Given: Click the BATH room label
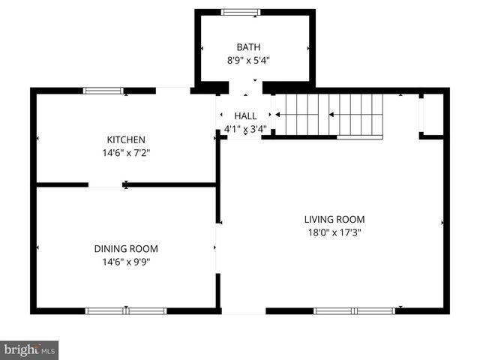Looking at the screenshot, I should tap(254, 46).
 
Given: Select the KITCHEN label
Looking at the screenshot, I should tap(125, 139).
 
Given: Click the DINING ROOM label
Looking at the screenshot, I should tap(125, 249).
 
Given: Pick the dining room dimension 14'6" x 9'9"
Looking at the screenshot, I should tap(125, 262).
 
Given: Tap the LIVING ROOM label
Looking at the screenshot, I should tap(334, 220).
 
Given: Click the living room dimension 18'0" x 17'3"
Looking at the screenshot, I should tap(334, 232).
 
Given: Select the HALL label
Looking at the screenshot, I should tap(245, 116).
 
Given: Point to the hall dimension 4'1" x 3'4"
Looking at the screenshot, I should tap(245, 129).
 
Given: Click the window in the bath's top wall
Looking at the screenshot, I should tap(241, 12).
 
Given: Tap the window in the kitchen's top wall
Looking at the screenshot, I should tap(103, 91).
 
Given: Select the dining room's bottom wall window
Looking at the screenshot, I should tap(126, 310).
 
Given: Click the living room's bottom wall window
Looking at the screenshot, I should tap(354, 310).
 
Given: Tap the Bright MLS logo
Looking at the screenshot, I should tap(29, 349).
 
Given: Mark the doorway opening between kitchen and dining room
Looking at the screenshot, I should tap(106, 184).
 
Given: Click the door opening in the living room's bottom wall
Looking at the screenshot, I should tap(243, 310).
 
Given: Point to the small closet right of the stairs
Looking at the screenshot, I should tap(431, 115).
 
